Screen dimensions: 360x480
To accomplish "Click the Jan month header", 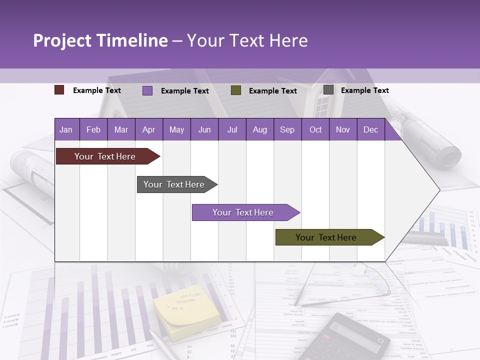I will [x=66, y=130].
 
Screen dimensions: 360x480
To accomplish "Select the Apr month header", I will [x=148, y=130].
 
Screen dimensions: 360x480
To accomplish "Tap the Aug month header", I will [x=259, y=130].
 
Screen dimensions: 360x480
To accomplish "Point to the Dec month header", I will [x=370, y=130].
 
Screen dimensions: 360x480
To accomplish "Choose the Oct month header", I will [x=315, y=130].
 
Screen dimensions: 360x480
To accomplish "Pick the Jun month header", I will [x=204, y=130].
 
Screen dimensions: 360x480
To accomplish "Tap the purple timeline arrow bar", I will [x=243, y=212].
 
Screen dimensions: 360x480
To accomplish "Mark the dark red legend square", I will [x=59, y=90].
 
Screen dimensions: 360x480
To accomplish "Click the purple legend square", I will [x=147, y=90].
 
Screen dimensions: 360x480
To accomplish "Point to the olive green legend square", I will [x=236, y=90].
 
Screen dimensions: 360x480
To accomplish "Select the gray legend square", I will [x=328, y=90].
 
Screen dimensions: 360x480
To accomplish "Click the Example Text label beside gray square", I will [x=364, y=90].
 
